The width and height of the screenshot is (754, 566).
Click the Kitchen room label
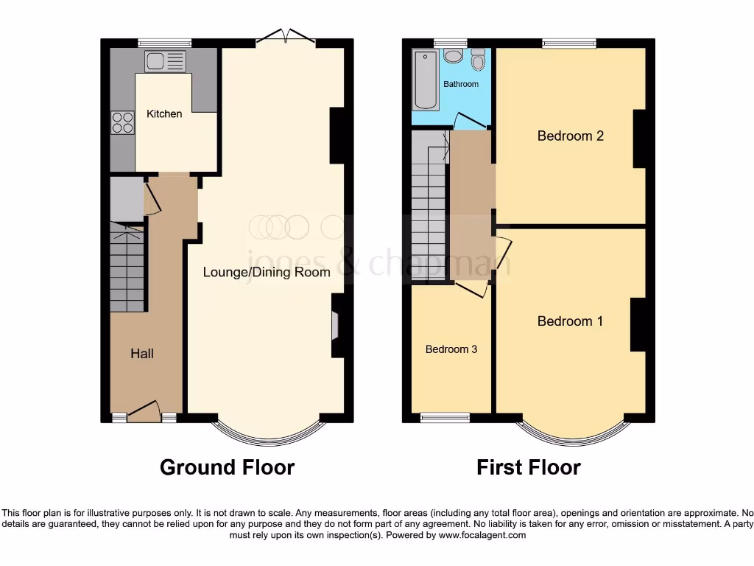pyautogui.click(x=164, y=113)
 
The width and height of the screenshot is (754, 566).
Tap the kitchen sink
pyautogui.click(x=166, y=60)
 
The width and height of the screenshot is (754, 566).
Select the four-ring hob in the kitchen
pyautogui.click(x=122, y=122)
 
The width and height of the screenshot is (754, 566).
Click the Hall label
pyautogui.click(x=142, y=354)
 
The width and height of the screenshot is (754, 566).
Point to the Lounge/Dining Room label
pyautogui.click(x=267, y=272)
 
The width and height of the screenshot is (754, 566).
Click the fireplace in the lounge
pyautogui.click(x=336, y=325)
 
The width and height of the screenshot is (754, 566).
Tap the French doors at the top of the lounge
pyautogui.click(x=286, y=37)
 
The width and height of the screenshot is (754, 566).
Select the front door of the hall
pyautogui.click(x=144, y=411)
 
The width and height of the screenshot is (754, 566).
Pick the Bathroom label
pyautogui.click(x=461, y=84)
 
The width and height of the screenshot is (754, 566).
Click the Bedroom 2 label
pyautogui.click(x=570, y=136)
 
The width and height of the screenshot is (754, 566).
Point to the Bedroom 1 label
pyautogui.click(x=570, y=321)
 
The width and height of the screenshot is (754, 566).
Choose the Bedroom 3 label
pyautogui.click(x=451, y=349)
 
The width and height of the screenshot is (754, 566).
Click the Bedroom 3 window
pyautogui.click(x=445, y=418)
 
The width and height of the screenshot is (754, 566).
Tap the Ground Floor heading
pyautogui.click(x=227, y=467)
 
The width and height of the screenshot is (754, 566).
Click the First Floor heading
pyautogui.click(x=528, y=467)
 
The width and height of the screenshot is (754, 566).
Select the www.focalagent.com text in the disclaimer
pyautogui.click(x=482, y=535)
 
